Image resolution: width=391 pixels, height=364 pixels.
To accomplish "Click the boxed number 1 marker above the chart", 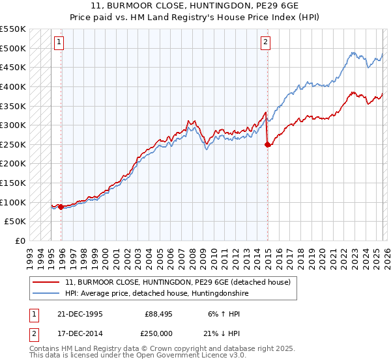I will (x=59, y=42).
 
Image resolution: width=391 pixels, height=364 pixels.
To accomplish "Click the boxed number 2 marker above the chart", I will (x=266, y=42).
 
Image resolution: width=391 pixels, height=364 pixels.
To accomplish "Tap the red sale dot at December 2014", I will (x=268, y=145).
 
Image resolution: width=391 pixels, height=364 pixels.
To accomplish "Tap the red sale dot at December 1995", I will (x=61, y=207).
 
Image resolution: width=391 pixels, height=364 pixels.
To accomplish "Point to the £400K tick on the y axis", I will (x=12, y=86).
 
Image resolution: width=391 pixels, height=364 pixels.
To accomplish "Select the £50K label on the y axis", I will (x=15, y=222).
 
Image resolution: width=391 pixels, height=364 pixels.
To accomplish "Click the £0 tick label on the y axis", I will (x=20, y=241).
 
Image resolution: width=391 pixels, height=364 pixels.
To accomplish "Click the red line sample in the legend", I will (x=46, y=282).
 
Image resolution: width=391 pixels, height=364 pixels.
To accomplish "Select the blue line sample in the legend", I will (x=46, y=293).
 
